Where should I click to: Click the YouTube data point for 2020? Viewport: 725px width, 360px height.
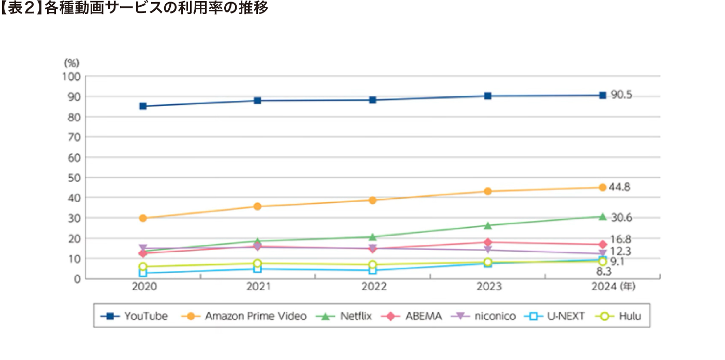click(x=143, y=106)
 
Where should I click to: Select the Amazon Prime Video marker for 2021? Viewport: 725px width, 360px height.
click(x=257, y=206)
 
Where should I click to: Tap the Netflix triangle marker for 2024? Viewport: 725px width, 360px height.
click(x=602, y=217)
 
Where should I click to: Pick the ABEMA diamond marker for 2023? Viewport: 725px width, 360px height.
click(x=487, y=242)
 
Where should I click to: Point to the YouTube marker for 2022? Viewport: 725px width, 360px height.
click(x=372, y=100)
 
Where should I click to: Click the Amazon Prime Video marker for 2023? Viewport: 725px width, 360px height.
click(x=487, y=191)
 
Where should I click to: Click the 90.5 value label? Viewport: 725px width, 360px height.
click(x=621, y=95)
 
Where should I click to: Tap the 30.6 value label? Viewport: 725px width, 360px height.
click(x=621, y=218)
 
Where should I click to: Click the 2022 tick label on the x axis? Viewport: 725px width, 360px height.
click(x=372, y=286)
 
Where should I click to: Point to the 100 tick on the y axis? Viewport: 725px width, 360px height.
click(x=71, y=77)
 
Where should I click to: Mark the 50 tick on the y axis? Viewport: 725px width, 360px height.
click(x=74, y=178)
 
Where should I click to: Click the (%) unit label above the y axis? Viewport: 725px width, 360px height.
click(x=71, y=63)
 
